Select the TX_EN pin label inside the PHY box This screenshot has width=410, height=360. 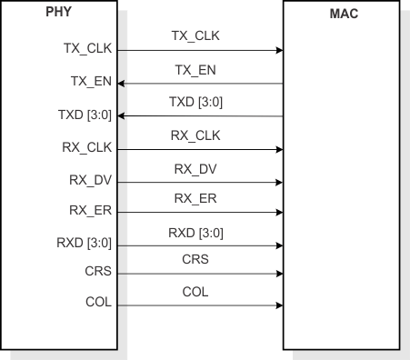click(x=91, y=82)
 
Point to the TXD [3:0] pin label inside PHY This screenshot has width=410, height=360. click(x=85, y=115)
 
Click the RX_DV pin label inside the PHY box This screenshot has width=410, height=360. click(x=90, y=181)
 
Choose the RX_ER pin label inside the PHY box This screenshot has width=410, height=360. click(x=90, y=212)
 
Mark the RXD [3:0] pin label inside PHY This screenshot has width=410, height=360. click(x=85, y=244)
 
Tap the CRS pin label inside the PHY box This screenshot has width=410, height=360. click(x=97, y=272)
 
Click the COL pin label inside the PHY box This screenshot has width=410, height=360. click(x=97, y=303)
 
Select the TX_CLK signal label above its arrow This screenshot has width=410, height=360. click(x=195, y=35)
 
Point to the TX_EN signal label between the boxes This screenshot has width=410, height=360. click(x=195, y=68)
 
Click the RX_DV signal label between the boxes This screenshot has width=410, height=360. click(x=195, y=168)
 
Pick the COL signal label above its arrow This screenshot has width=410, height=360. click(x=195, y=292)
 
